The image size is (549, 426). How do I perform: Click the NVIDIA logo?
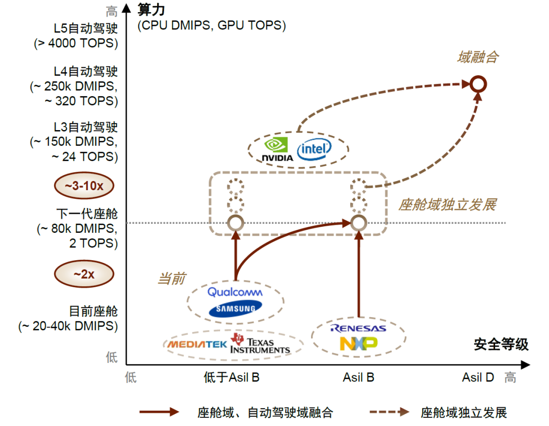coord(278,149)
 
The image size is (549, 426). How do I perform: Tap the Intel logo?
coord(314,149)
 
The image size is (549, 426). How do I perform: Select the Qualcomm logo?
coord(235,292)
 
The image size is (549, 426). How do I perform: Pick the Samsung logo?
coord(235,309)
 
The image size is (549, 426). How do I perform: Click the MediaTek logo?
coord(197,345)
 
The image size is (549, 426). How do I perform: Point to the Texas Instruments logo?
coord(260,344)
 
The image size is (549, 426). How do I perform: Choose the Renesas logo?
coord(358,328)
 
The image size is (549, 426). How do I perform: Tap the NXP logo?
coord(358,343)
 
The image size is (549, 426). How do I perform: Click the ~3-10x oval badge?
coord(84,186)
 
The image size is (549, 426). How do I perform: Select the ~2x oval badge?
coord(84,273)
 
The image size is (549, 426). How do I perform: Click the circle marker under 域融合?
coord(478,84)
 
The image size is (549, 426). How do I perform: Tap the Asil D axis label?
coord(478,377)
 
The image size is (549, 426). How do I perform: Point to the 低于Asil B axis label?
coord(231,377)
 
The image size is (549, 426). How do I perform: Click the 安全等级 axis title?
coord(501,345)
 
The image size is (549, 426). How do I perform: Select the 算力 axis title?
coord(151,10)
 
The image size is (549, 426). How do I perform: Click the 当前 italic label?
coord(172,279)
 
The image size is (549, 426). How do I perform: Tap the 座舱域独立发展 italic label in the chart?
coord(447,205)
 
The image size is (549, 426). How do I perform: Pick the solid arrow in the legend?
coord(159,412)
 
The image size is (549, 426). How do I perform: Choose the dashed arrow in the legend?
coord(389,412)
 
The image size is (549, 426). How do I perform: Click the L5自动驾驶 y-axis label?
coord(85,28)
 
